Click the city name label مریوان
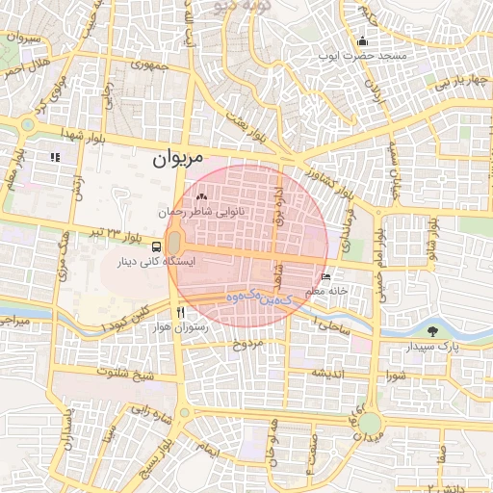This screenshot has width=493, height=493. [178, 158]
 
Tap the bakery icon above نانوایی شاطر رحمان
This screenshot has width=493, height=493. [201, 198]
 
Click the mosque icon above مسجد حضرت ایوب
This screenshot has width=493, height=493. [362, 41]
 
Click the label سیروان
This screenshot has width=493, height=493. [22, 37]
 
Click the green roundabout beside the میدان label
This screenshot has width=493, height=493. [371, 425]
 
